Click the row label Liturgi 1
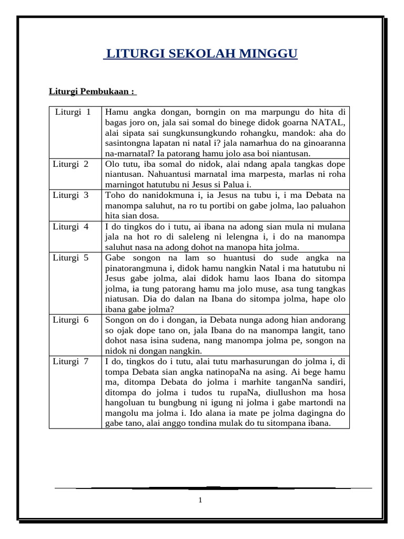(x=73, y=112)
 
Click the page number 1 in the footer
(x=200, y=500)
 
